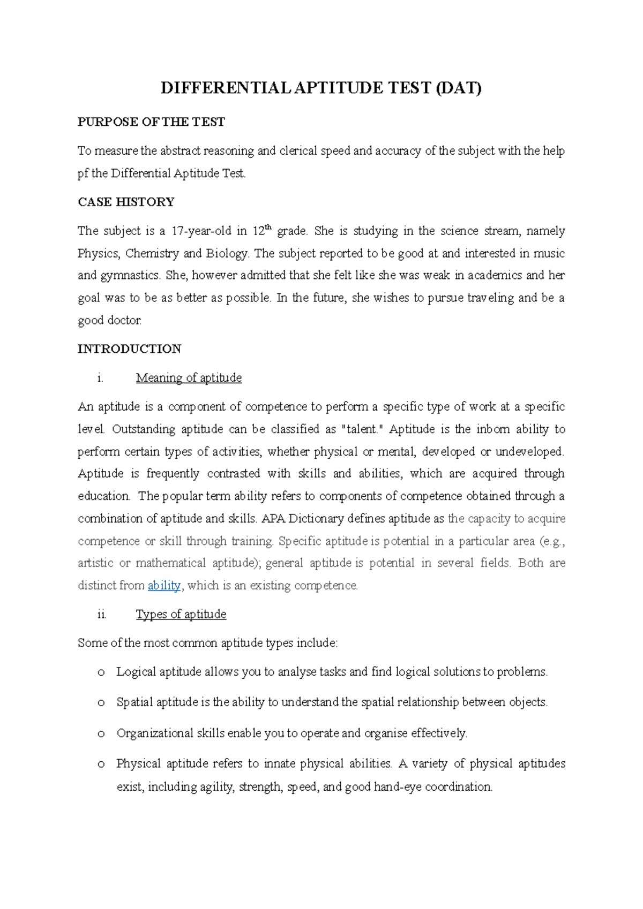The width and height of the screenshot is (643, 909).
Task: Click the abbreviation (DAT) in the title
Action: [458, 88]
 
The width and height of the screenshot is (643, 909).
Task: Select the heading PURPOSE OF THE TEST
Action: [151, 122]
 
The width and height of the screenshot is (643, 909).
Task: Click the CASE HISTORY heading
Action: [126, 202]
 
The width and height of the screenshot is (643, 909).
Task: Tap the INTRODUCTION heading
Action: [129, 349]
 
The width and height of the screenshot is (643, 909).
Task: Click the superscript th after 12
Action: [269, 227]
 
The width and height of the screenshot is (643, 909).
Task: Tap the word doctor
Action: [125, 321]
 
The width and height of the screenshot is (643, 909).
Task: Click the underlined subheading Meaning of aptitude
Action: [189, 378]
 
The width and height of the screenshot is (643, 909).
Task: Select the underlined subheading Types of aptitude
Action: [181, 614]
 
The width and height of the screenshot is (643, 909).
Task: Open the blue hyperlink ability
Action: [164, 586]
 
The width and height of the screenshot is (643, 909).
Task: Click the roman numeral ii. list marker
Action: [102, 615]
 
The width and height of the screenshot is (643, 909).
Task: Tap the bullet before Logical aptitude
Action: [101, 672]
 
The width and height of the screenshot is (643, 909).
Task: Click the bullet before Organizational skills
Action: [101, 734]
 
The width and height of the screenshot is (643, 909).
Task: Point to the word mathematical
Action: [171, 563]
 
